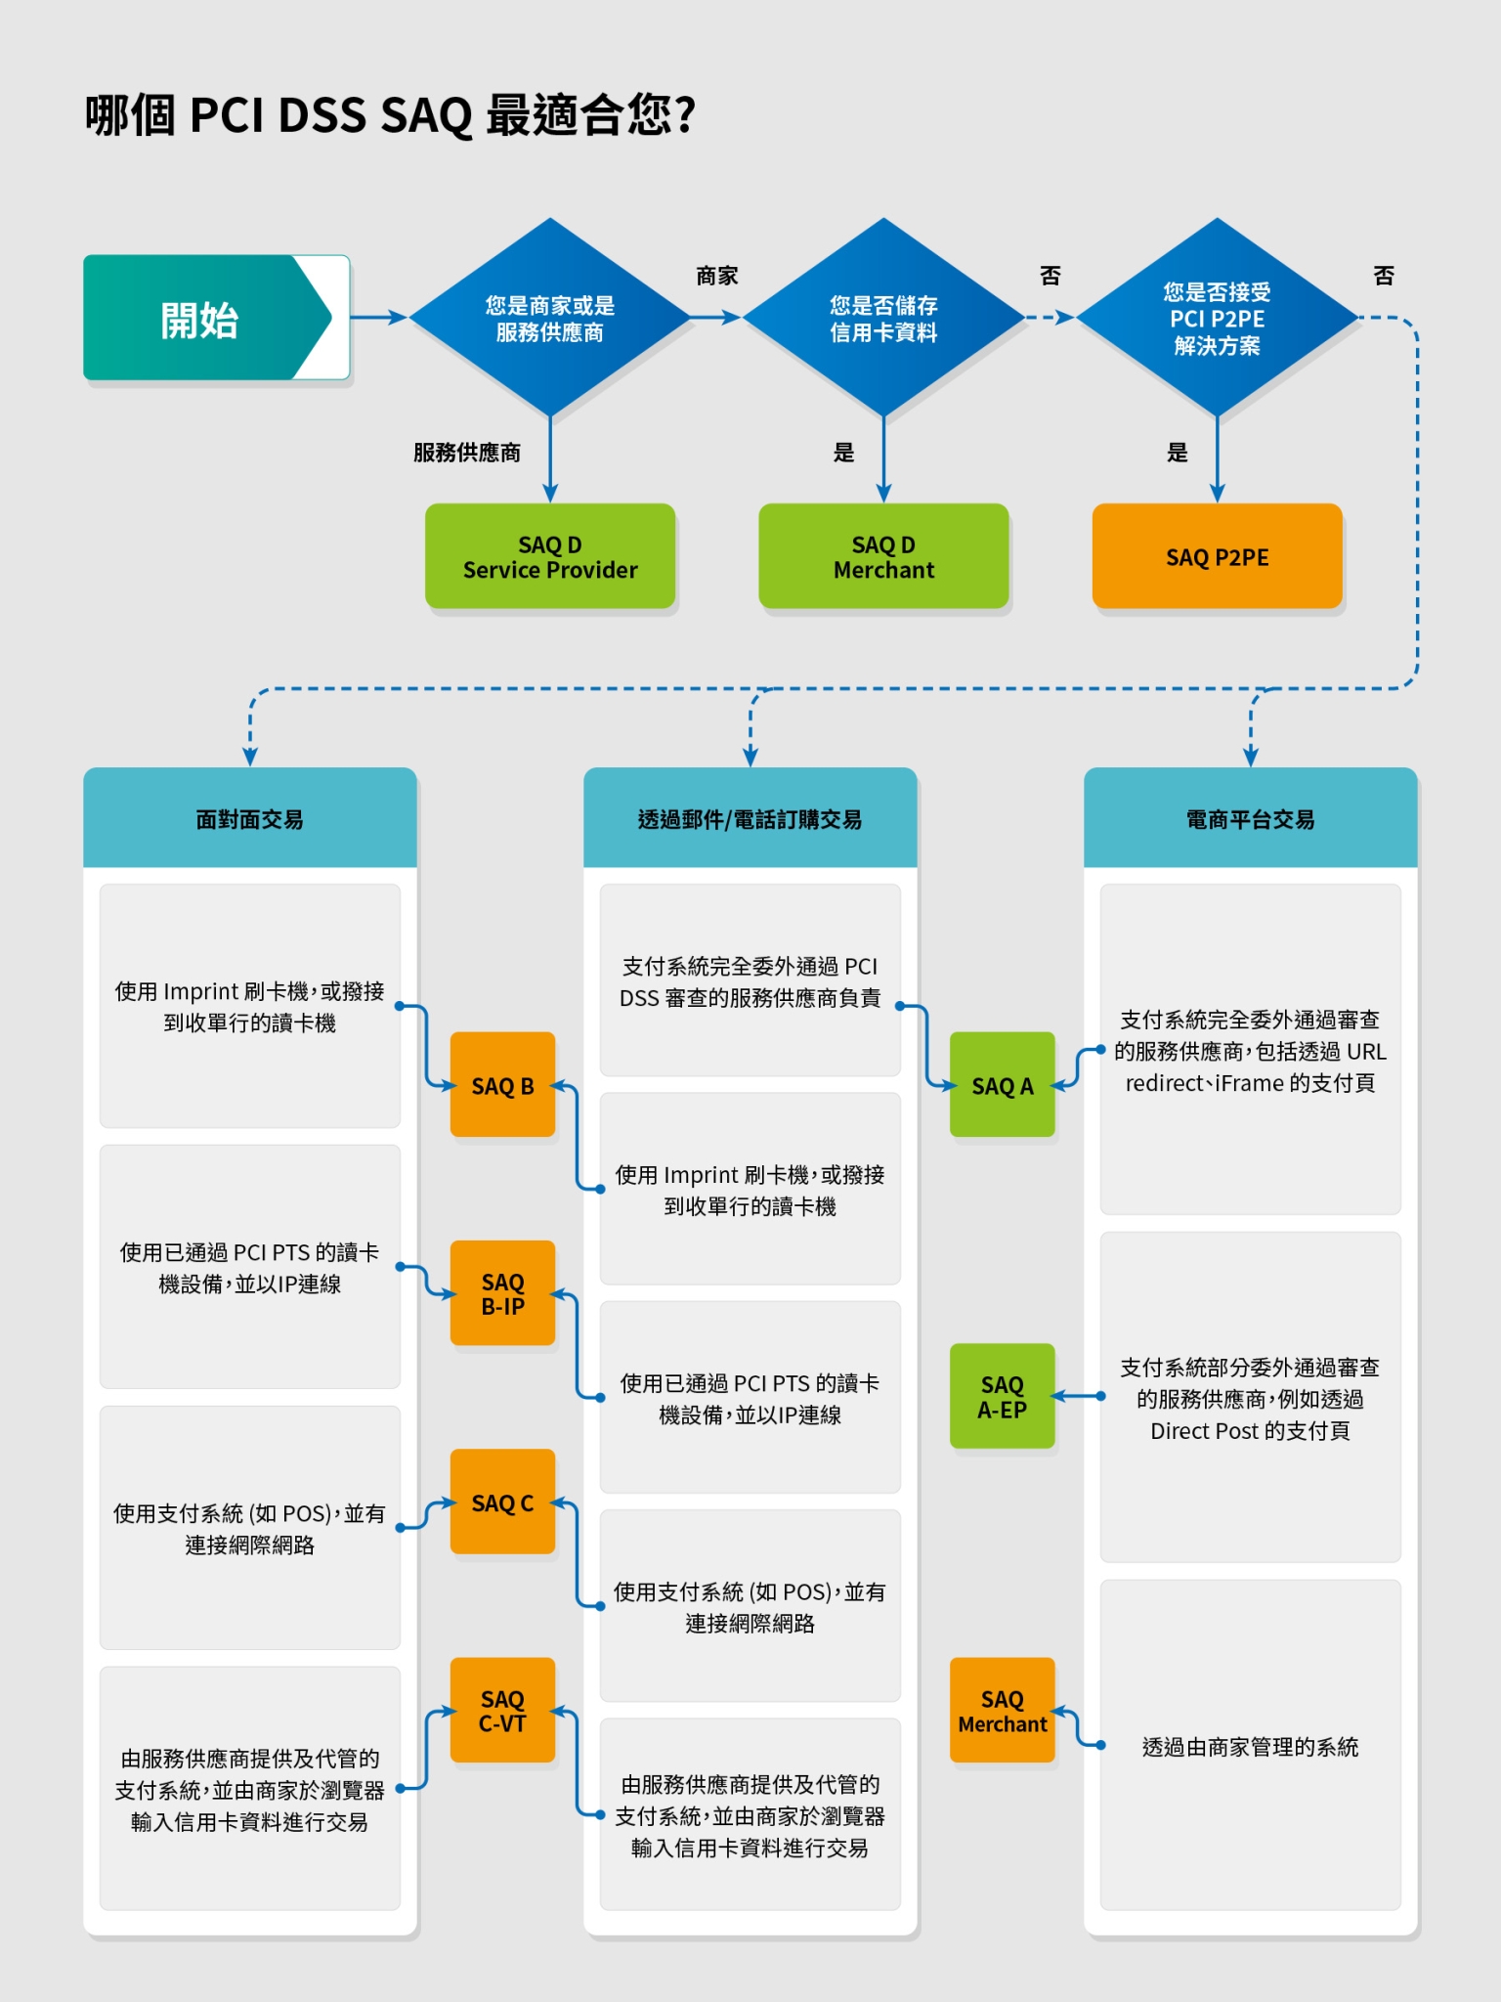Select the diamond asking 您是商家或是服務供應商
pyautogui.click(x=549, y=318)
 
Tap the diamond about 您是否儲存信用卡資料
pyautogui.click(x=883, y=318)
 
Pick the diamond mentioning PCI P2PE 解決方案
pyautogui.click(x=1217, y=318)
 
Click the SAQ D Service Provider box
pyautogui.click(x=550, y=556)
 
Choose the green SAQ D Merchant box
pyautogui.click(x=883, y=556)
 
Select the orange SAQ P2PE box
pyautogui.click(x=1217, y=556)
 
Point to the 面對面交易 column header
pyautogui.click(x=250, y=818)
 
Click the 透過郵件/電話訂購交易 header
pyautogui.click(x=750, y=818)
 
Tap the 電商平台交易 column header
pyautogui.click(x=1250, y=818)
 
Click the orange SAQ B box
pyautogui.click(x=502, y=1085)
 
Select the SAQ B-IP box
pyautogui.click(x=502, y=1293)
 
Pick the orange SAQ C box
pyautogui.click(x=502, y=1502)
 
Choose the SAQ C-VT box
pyautogui.click(x=502, y=1711)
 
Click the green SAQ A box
pyautogui.click(x=1002, y=1085)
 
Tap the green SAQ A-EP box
pyautogui.click(x=1002, y=1396)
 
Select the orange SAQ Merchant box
pyautogui.click(x=1002, y=1711)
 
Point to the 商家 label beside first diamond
pyautogui.click(x=716, y=276)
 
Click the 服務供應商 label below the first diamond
pyautogui.click(x=466, y=452)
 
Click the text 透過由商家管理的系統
pyautogui.click(x=1250, y=1747)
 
